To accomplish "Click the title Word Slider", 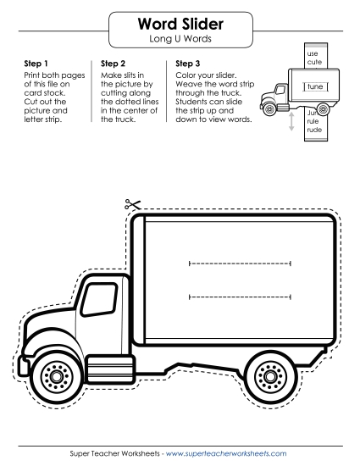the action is (180, 24).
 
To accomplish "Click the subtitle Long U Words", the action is (180, 39).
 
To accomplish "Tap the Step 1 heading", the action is (36, 64).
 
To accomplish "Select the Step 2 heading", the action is (113, 64).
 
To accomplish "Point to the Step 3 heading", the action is (188, 64).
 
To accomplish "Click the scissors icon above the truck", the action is (132, 204).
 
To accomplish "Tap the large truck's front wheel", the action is (57, 376).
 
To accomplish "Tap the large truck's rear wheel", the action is (270, 376).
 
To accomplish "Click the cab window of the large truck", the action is (99, 299).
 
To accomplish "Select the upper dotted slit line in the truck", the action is (240, 264).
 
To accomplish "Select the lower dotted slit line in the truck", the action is (240, 297).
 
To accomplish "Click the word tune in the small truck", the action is (315, 86).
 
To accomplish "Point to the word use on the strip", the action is (313, 53).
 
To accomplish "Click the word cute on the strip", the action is (314, 62).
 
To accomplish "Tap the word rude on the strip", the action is (314, 130).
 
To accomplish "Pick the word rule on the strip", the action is (313, 121).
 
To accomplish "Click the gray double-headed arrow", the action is (291, 121).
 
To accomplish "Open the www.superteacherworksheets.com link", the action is (226, 453).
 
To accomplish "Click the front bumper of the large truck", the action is (23, 365).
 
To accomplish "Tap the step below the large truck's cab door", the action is (110, 369).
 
